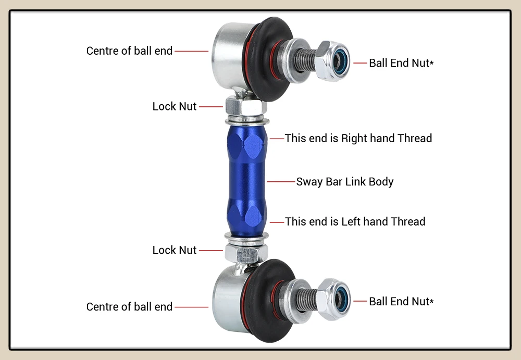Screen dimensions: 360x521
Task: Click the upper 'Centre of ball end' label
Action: tap(129, 51)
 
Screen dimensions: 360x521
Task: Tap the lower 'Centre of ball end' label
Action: tap(129, 307)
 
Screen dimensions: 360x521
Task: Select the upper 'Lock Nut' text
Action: tap(175, 106)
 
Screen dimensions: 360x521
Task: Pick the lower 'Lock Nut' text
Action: tap(175, 250)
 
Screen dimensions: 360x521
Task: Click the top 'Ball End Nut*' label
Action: tap(401, 63)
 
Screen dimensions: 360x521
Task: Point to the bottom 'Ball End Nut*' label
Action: tap(401, 301)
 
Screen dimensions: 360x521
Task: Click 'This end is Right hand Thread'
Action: tap(358, 138)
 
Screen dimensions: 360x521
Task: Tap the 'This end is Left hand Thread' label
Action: tap(355, 221)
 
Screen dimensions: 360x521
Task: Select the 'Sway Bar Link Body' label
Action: tap(345, 182)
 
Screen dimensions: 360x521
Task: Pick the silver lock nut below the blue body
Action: tap(246, 253)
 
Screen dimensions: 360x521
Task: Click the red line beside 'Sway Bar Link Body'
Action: tap(281, 182)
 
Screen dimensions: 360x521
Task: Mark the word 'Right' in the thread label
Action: tap(354, 138)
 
